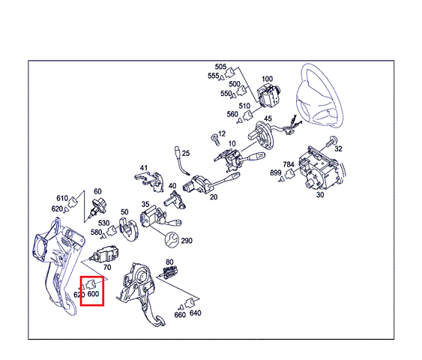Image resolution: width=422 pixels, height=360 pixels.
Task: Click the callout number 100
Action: (x=267, y=79)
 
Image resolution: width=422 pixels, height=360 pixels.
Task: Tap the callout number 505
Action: (x=220, y=67)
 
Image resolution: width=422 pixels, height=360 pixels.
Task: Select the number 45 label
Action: (x=268, y=118)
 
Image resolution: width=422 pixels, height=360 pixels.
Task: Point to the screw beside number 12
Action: (x=215, y=139)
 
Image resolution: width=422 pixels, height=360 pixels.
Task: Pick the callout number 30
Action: (x=320, y=194)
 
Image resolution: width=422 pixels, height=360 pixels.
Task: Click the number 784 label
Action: (x=289, y=164)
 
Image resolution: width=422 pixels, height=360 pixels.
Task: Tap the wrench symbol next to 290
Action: (x=172, y=239)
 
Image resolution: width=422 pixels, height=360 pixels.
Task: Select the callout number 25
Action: (x=186, y=153)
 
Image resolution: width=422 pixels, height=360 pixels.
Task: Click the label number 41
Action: (x=144, y=168)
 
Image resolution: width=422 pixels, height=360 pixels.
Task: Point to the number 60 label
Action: (x=97, y=191)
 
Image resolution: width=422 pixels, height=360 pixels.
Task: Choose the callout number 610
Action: (x=62, y=198)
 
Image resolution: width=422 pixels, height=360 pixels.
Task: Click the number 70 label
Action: (x=107, y=267)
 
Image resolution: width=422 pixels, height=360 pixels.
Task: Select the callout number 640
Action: (x=195, y=313)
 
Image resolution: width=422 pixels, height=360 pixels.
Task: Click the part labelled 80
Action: (x=169, y=271)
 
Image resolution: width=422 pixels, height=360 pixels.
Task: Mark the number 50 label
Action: (x=124, y=212)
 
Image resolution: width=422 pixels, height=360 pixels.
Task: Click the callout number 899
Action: (x=276, y=172)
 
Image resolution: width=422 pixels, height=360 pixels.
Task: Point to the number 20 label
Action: (x=214, y=197)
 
